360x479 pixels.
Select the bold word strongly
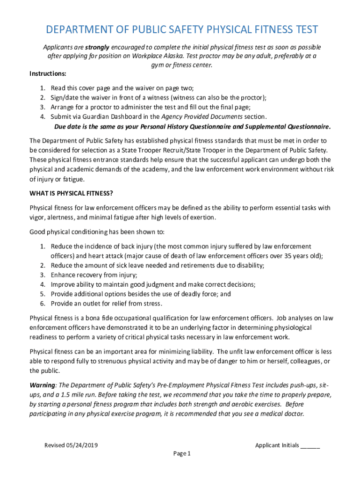[x=97, y=47]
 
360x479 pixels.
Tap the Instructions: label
[x=48, y=74]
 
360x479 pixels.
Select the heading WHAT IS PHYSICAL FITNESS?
[x=72, y=193]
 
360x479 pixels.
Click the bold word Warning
[x=43, y=385]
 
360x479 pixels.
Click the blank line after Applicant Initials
[x=310, y=445]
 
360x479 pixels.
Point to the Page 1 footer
[x=182, y=454]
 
